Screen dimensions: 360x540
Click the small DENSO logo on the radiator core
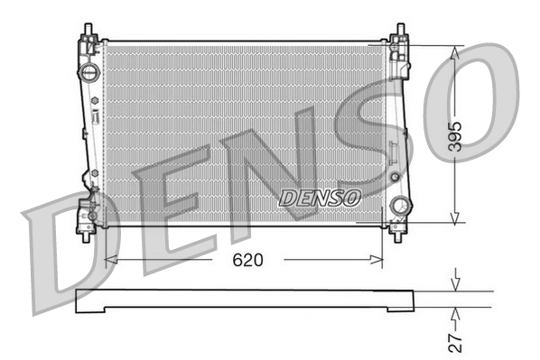[x=321, y=196]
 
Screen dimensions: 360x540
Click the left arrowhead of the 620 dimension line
[x=111, y=260]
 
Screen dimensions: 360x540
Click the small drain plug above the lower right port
[x=395, y=176]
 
